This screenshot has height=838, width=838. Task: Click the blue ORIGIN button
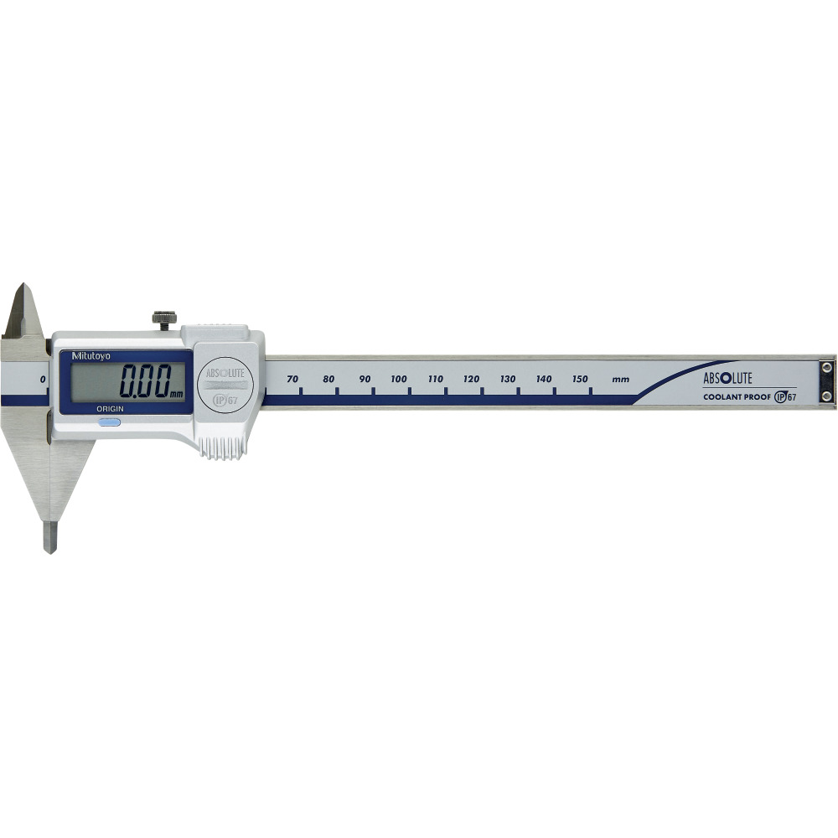pos(108,422)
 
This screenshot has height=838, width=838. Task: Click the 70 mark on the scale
pos(292,379)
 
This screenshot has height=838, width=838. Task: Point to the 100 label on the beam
pos(399,379)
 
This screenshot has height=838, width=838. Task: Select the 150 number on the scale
pos(580,379)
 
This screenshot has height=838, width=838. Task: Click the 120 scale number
pos(471,379)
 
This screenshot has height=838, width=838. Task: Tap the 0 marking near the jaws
pos(42,379)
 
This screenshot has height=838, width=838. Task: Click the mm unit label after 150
pos(620,380)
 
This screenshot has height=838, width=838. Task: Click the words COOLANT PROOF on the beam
pos(731,396)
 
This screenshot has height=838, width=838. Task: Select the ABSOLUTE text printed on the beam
pos(728,377)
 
